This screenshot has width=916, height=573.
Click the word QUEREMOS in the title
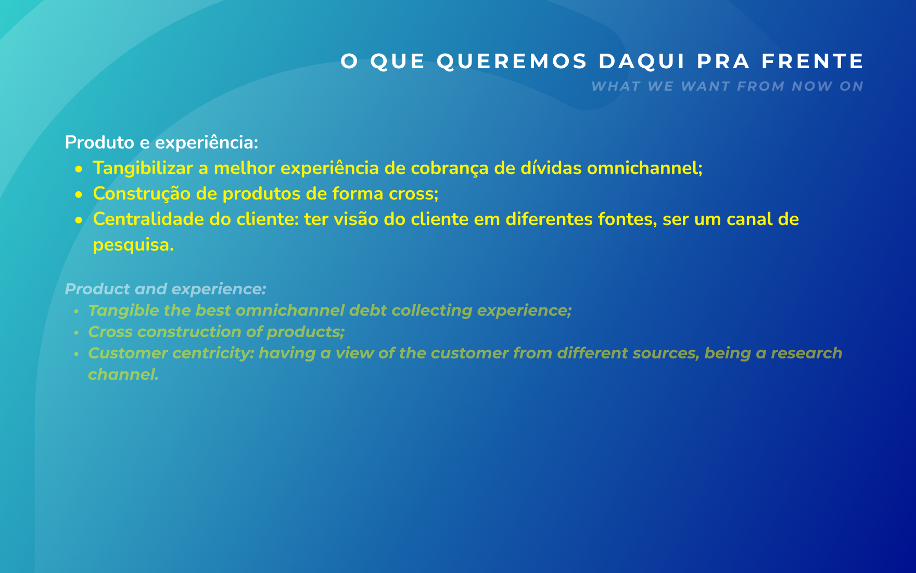click(x=512, y=61)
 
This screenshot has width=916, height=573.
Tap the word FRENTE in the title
click(x=813, y=61)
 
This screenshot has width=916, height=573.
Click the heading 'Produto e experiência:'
click(x=161, y=142)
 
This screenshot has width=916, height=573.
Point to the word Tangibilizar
click(x=143, y=168)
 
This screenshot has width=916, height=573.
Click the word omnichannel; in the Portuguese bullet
click(x=645, y=168)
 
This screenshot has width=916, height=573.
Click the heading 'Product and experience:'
click(x=166, y=289)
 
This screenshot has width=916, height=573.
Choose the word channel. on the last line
click(x=123, y=375)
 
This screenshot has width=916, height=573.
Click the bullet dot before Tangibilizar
click(x=79, y=169)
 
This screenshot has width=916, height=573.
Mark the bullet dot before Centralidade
click(x=79, y=220)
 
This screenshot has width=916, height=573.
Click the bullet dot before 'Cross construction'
click(x=77, y=332)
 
